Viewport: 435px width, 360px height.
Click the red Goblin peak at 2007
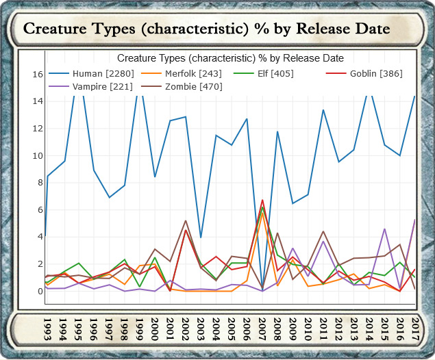pyautogui.click(x=262, y=200)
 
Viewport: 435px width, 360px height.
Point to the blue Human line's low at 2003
pyautogui.click(x=201, y=237)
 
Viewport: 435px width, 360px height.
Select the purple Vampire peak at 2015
pyautogui.click(x=385, y=229)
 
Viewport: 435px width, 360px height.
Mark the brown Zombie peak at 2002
pyautogui.click(x=186, y=220)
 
